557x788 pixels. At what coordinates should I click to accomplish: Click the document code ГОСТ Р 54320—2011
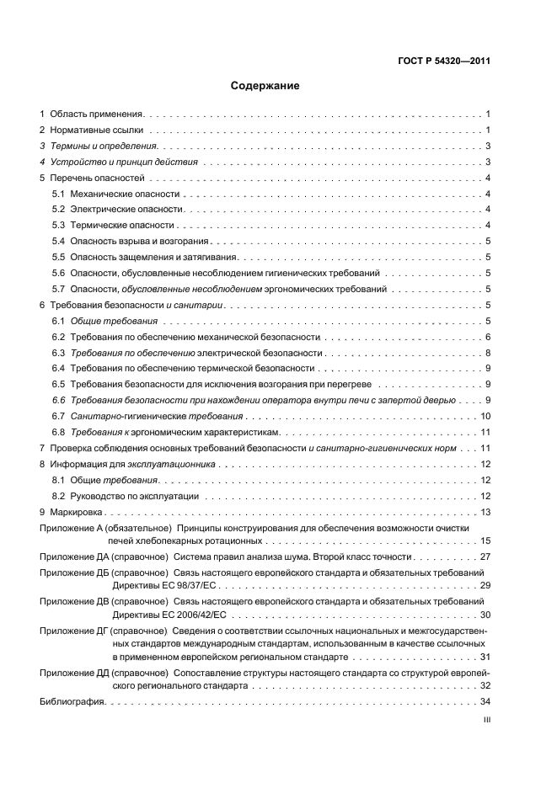[443, 61]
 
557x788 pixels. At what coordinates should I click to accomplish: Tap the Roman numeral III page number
[486, 721]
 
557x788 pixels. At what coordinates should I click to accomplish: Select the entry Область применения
[97, 114]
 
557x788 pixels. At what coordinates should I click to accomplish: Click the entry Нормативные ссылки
[97, 130]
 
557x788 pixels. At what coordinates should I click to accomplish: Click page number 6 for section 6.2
[488, 337]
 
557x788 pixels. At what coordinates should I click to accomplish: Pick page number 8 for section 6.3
[488, 353]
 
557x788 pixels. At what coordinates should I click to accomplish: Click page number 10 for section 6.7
[485, 416]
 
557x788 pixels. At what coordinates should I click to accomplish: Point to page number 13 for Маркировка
[485, 512]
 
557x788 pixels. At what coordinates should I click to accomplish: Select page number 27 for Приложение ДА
[485, 556]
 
